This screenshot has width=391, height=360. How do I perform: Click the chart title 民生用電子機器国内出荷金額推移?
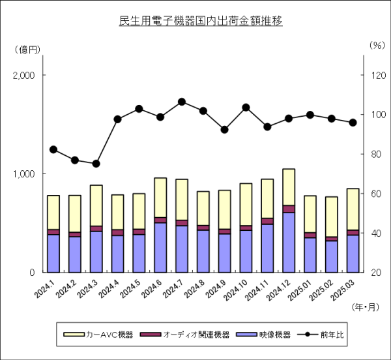coord(201,21)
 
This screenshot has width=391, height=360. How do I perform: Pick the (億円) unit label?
coord(28,49)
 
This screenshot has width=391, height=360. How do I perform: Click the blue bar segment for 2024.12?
coord(289,242)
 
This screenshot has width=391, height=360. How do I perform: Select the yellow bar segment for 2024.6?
coord(160,198)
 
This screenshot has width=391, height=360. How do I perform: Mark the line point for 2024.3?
coord(96,164)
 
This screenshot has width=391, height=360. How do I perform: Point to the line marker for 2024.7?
coord(182,102)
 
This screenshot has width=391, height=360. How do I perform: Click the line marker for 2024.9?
coord(224,130)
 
